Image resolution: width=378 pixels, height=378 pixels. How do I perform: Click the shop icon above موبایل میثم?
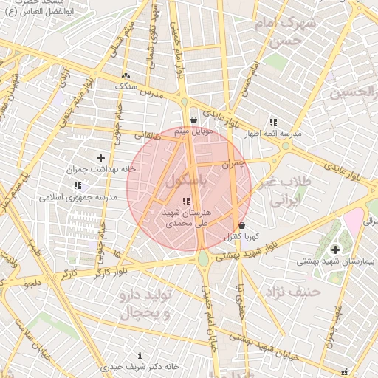pos(193,120)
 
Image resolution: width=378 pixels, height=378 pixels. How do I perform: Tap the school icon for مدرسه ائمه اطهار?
pos(273,122)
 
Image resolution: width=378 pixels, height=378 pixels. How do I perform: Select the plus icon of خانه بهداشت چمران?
pos(101,158)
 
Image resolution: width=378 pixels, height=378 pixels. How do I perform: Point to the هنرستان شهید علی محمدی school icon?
pos(186,201)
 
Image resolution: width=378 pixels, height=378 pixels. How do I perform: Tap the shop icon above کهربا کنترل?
pos(241,226)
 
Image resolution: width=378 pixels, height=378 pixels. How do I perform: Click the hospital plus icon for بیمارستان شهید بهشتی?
pos(336,250)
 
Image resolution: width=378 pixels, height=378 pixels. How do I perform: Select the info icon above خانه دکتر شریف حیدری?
pos(140,356)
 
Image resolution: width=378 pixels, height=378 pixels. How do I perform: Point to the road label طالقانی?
pos(147,135)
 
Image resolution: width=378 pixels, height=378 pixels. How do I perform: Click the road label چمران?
pos(232,162)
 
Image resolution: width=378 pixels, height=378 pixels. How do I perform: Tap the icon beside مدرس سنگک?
pos(126,75)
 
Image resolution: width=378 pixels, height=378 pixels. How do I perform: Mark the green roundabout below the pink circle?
pos(203,259)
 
